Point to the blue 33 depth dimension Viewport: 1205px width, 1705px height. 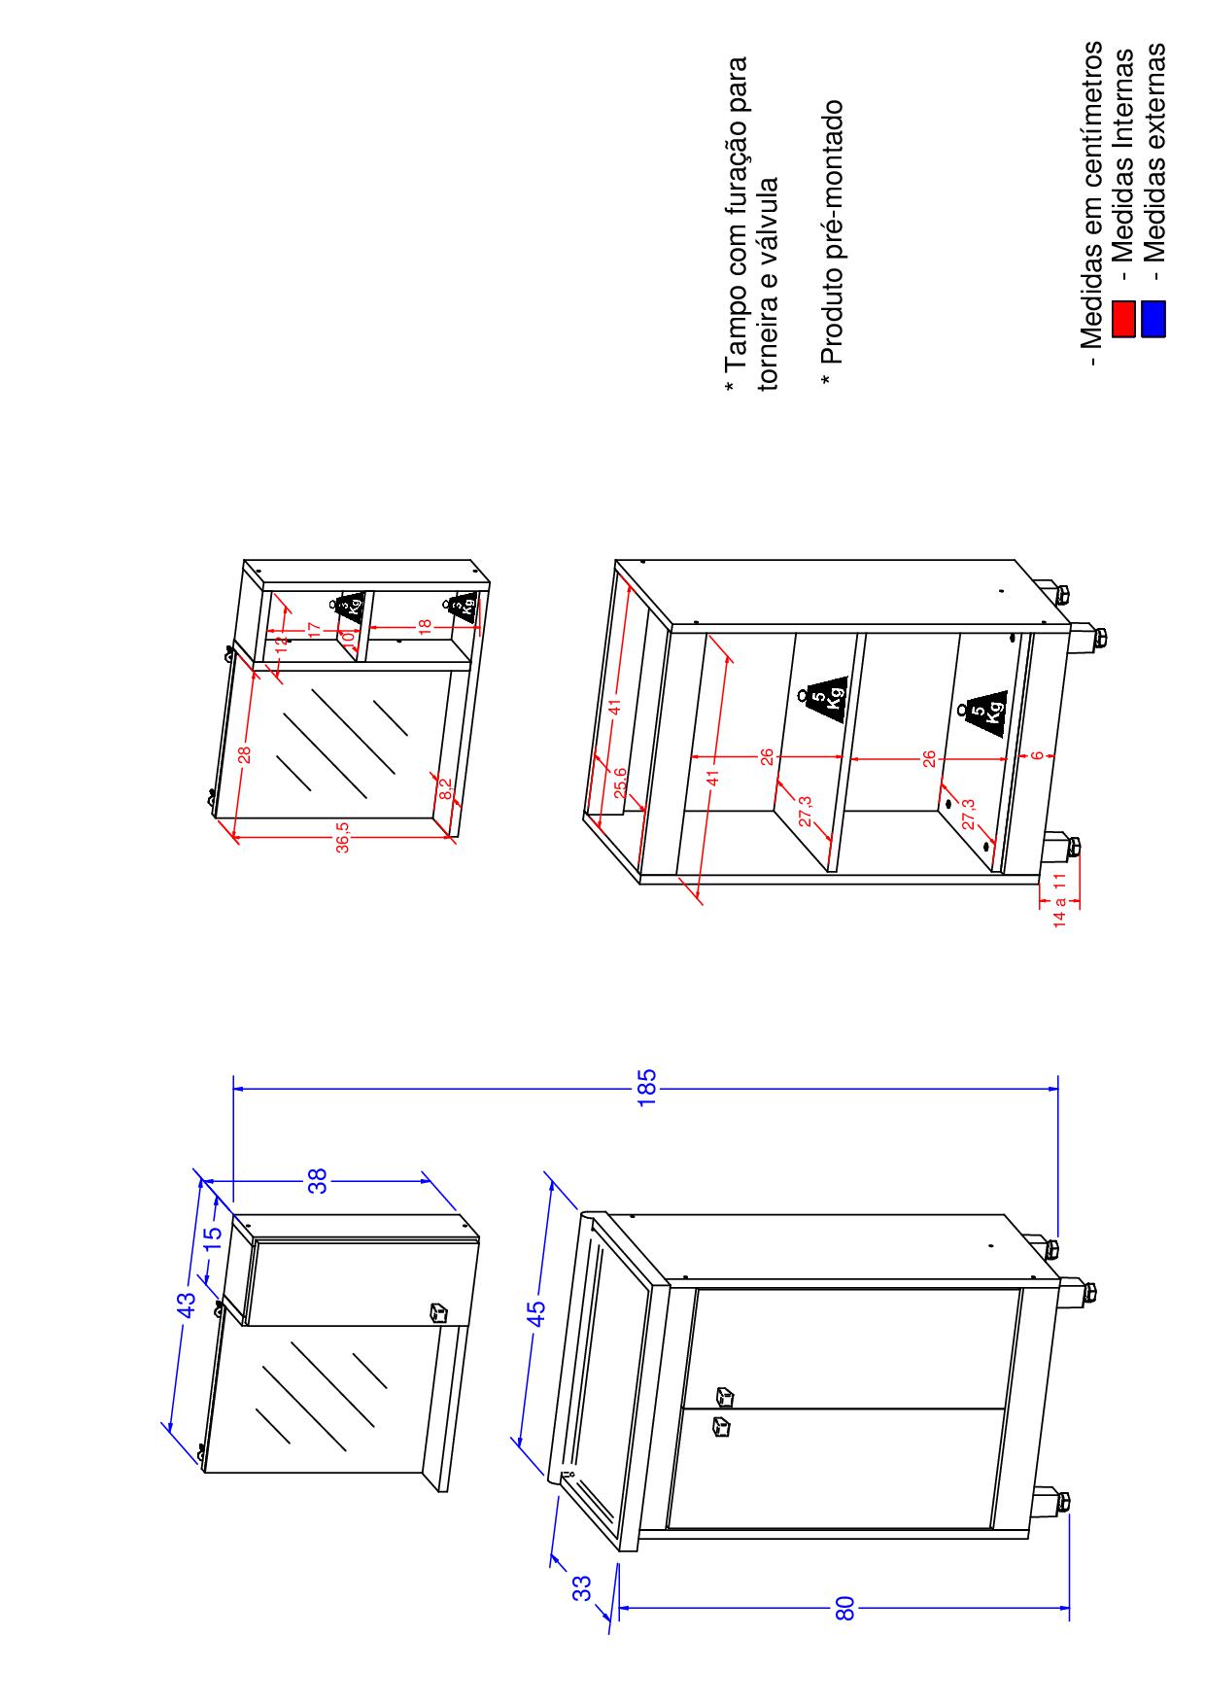click(581, 1587)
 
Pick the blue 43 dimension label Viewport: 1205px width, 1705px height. click(187, 1304)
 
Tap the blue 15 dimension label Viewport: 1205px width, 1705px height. click(213, 1236)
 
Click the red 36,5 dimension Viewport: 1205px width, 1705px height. click(343, 837)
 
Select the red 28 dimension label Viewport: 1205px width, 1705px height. click(246, 753)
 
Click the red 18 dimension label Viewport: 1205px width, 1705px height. click(425, 626)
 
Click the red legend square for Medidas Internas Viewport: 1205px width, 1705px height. click(1123, 319)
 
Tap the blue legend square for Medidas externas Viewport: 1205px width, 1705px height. click(1153, 319)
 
